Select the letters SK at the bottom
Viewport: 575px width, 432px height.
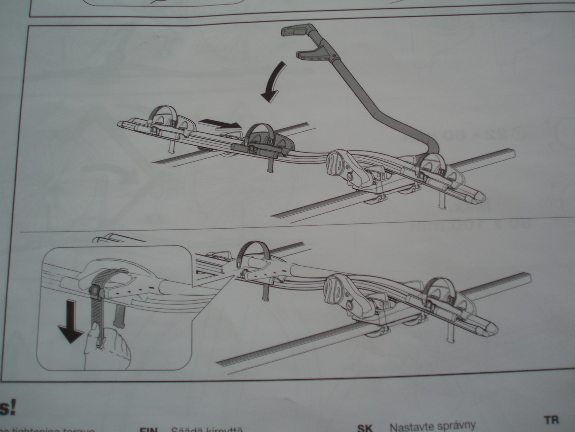365,428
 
